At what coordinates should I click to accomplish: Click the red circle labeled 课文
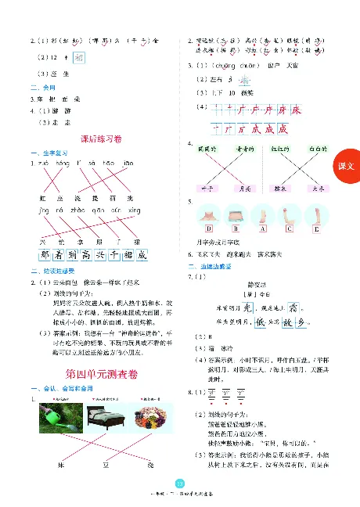pyautogui.click(x=347, y=166)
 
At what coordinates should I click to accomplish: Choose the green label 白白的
pyautogui.click(x=319, y=147)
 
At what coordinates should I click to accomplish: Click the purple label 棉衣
pyautogui.click(x=281, y=189)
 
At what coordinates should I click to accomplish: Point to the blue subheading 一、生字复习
pyautogui.click(x=46, y=153)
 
